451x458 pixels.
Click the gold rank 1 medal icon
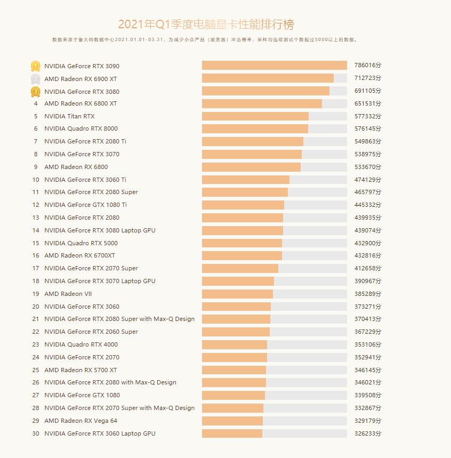tap(35, 66)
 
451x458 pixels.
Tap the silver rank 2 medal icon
tap(35, 78)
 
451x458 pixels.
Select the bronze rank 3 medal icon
tap(35, 91)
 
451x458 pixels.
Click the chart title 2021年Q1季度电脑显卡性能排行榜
tap(206, 25)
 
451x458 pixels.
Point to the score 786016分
tap(368, 66)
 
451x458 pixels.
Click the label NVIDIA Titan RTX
tap(69, 116)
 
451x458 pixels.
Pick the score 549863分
tap(368, 142)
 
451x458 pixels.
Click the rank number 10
tap(36, 180)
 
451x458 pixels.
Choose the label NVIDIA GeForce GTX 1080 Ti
tap(85, 205)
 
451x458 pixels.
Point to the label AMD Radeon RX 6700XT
tap(79, 256)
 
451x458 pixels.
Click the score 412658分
tap(368, 269)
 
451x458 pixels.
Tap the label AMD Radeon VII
tap(68, 294)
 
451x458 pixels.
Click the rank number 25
tap(36, 370)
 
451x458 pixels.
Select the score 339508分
tap(368, 396)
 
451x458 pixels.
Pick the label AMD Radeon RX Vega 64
tap(80, 421)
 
